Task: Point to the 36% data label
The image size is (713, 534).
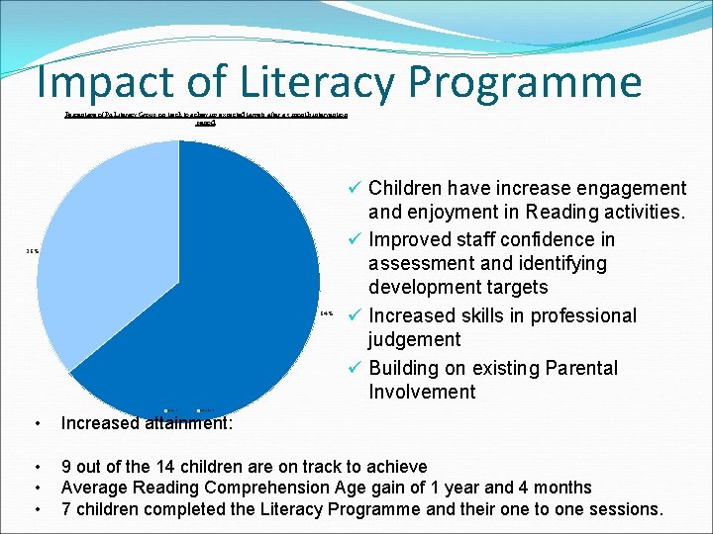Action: point(33,251)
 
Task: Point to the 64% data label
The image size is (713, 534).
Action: point(328,315)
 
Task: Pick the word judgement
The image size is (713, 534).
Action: point(414,340)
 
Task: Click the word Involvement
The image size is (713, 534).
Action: point(422,393)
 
